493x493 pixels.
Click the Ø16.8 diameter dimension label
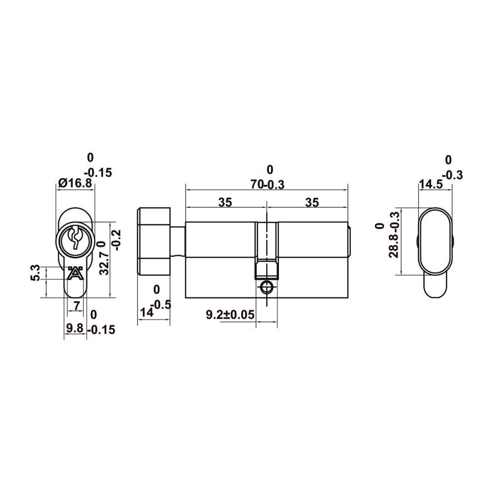pos(75,183)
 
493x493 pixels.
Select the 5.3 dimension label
pos(35,273)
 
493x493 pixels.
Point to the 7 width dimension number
pos(76,305)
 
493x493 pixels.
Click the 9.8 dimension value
pos(75,328)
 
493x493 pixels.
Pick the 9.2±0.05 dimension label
pos(230,315)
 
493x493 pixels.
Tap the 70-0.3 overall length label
pos(267,184)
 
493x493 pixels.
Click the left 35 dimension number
pos(225,203)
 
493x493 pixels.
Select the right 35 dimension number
pos(312,203)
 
